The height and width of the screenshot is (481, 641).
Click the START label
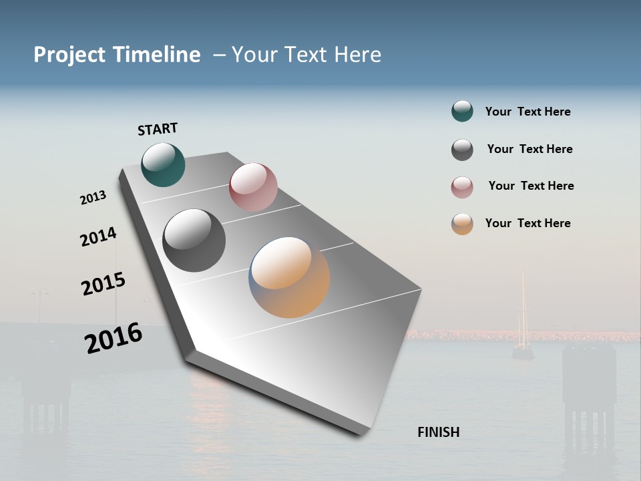(x=158, y=129)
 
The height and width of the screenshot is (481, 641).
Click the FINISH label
(x=439, y=432)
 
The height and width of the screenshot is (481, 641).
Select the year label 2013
(x=93, y=198)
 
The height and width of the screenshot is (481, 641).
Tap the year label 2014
(x=98, y=236)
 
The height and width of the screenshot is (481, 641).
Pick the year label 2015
(x=103, y=284)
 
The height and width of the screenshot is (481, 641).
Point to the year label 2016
(x=114, y=338)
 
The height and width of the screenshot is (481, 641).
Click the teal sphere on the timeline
(x=163, y=165)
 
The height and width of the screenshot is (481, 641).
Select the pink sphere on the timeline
(x=253, y=187)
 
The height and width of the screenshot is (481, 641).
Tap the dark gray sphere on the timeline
(x=194, y=240)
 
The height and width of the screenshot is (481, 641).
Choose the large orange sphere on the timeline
(x=289, y=277)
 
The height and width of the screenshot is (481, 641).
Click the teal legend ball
(x=462, y=112)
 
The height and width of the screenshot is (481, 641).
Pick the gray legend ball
(x=462, y=150)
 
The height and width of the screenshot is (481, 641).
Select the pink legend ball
(x=462, y=187)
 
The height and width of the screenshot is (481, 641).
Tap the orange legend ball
(x=462, y=224)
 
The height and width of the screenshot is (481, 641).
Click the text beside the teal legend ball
(x=527, y=112)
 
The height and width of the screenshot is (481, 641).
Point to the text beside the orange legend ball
(x=527, y=223)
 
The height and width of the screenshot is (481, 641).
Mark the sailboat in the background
(x=523, y=321)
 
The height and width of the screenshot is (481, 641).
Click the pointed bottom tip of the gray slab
(x=361, y=433)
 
